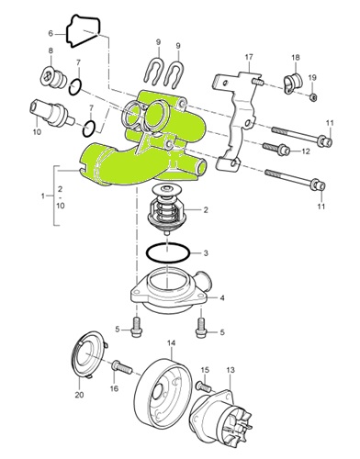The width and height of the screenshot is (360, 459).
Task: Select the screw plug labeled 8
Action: tap(53, 76)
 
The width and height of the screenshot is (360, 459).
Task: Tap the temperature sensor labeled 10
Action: tap(51, 113)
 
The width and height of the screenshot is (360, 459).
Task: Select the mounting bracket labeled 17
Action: tap(236, 119)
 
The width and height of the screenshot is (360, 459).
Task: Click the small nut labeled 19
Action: tap(313, 97)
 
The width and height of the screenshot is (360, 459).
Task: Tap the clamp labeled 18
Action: tap(293, 83)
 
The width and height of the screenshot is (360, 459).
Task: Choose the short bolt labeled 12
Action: tap(277, 149)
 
